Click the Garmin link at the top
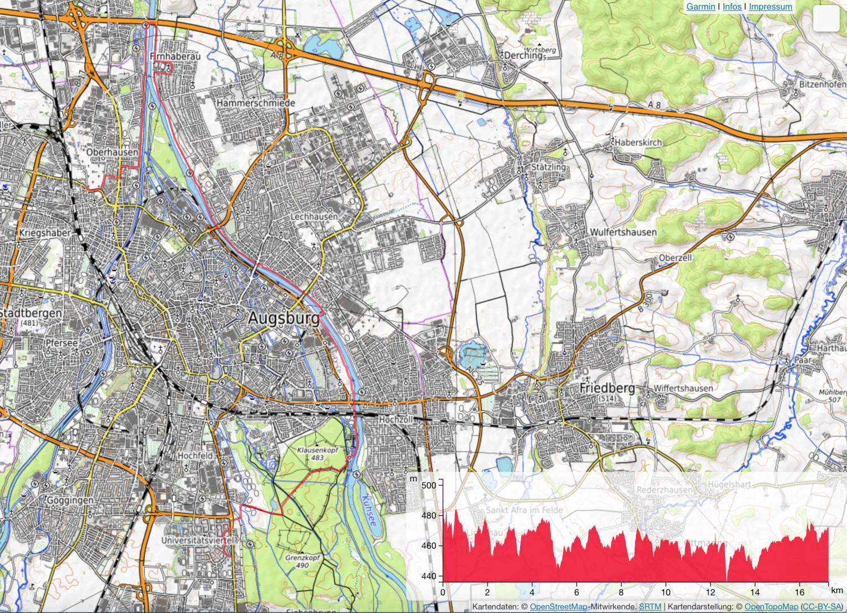[701, 7]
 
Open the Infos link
[732, 7]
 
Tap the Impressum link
[770, 7]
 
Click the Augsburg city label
[283, 318]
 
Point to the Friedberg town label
[607, 388]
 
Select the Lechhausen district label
[314, 216]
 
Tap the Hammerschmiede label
[256, 103]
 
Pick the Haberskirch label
[638, 142]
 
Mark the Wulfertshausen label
[623, 232]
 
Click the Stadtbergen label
[30, 313]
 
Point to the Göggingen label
[70, 501]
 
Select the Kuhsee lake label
[368, 511]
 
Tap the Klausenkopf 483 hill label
[317, 454]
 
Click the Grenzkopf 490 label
[303, 561]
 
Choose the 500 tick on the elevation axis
[429, 485]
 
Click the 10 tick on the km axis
[666, 592]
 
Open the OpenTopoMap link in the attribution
[771, 607]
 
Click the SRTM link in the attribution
[650, 607]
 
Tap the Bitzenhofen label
[822, 84]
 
